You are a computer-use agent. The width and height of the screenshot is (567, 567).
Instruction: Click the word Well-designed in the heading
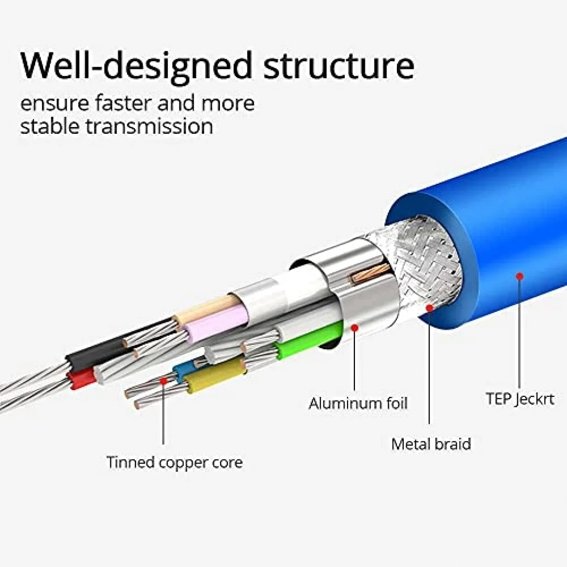coord(136,66)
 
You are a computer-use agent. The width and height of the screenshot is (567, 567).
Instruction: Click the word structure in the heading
coord(339,66)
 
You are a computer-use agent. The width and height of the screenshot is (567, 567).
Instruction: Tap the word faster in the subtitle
coord(123,103)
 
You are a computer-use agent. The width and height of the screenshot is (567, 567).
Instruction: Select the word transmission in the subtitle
coord(149,127)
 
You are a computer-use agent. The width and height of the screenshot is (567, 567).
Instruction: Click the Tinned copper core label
coord(174,462)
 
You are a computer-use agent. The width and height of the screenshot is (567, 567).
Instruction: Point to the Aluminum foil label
coord(358,403)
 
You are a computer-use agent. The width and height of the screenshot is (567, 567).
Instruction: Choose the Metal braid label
coord(431,444)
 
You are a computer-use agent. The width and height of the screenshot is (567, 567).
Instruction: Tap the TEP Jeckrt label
coord(520,399)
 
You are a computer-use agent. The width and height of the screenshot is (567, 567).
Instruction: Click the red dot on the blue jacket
coord(520,277)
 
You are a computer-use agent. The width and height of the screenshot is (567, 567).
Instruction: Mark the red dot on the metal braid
coord(429,308)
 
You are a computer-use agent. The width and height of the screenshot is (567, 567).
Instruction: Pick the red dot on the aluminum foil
coord(355,328)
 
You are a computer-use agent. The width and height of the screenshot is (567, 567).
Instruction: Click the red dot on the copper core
coord(163,381)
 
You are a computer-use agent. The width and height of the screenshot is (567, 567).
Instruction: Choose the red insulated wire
coord(82,380)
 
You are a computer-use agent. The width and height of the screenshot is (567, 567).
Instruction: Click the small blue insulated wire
coord(184,369)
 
